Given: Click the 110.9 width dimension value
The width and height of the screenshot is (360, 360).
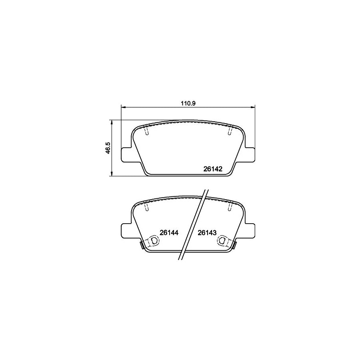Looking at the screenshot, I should pyautogui.click(x=188, y=103).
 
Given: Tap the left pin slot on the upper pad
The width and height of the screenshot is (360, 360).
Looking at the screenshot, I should pyautogui.click(x=146, y=131).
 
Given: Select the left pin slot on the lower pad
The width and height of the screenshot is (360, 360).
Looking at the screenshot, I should pyautogui.click(x=146, y=207).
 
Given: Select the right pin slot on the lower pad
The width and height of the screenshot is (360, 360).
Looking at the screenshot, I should pyautogui.click(x=229, y=207).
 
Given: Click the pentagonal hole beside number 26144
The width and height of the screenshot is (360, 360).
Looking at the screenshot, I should pyautogui.click(x=153, y=240).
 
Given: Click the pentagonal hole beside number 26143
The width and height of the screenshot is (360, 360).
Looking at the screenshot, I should pyautogui.click(x=222, y=240).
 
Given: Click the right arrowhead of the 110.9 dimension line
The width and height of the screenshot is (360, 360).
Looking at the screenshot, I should pyautogui.click(x=253, y=107).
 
